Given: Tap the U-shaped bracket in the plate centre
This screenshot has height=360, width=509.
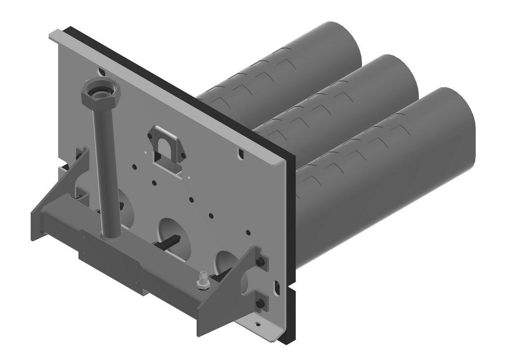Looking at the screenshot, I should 166,148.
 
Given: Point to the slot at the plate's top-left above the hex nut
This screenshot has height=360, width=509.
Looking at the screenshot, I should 101,72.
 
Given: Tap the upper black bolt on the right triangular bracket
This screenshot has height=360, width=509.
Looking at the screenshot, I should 259,262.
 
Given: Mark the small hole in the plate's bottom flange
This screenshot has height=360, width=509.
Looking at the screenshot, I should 257,324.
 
